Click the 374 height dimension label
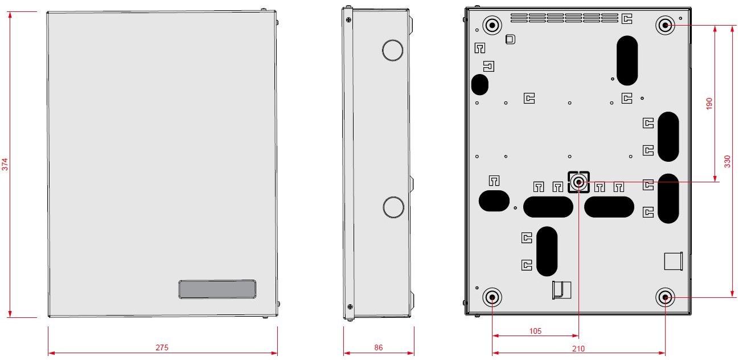tap(5, 165)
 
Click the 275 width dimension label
tap(162, 347)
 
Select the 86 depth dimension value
tap(379, 347)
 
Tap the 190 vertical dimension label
tap(709, 104)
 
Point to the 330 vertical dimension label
tap(727, 161)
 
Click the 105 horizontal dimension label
tap(535, 331)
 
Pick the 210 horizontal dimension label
tap(578, 348)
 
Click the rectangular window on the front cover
tap(217, 289)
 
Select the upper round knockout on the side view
tap(392, 50)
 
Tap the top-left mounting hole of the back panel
tap(492, 24)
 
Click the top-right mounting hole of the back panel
tap(665, 25)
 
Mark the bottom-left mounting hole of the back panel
tap(492, 297)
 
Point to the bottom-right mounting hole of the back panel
tap(665, 297)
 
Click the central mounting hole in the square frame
tap(578, 182)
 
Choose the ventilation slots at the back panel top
tap(564, 18)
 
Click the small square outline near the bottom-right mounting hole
tap(673, 261)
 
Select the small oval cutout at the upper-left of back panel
tap(480, 84)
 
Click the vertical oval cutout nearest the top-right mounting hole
tap(627, 60)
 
